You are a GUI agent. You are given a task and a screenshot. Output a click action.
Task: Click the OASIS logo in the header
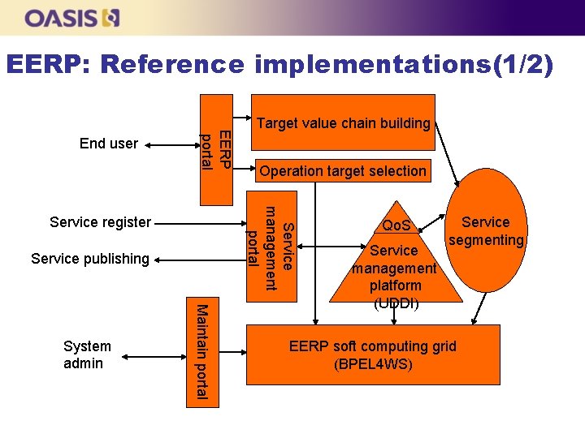72,17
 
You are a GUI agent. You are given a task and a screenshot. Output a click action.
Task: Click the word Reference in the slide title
174,64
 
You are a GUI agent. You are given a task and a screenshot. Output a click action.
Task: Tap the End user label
109,144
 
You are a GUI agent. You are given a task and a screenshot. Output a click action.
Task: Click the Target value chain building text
343,123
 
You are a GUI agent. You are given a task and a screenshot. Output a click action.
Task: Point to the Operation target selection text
343,171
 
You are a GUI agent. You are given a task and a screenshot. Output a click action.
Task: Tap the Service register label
100,221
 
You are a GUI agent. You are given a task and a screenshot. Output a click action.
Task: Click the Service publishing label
90,259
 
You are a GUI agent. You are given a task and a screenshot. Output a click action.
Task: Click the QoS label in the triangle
396,225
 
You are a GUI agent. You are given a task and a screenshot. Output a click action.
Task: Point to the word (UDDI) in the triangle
396,303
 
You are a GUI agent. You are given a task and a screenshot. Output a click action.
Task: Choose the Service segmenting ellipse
487,230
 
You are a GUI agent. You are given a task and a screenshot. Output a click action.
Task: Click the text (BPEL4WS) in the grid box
373,364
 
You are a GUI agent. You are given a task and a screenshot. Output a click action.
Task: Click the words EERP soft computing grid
373,346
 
